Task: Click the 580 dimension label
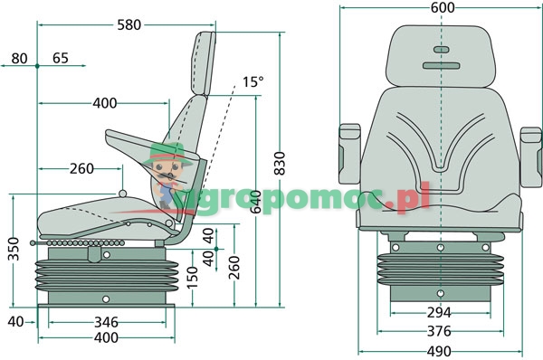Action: [x=129, y=25]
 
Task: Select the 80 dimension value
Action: [x=19, y=60]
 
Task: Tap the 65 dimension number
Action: [x=61, y=60]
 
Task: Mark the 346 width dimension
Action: [x=106, y=322]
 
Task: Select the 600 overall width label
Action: [x=443, y=8]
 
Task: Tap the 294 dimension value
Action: [x=440, y=313]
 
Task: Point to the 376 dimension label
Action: [x=440, y=331]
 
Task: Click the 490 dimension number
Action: [x=440, y=350]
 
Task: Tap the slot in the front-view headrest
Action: [x=440, y=51]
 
